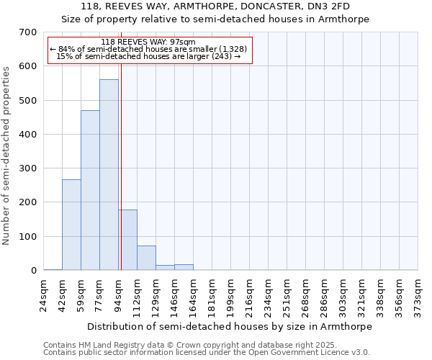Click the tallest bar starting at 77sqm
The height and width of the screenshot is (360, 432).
tap(109, 175)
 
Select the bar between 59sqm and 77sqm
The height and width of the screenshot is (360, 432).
tap(90, 191)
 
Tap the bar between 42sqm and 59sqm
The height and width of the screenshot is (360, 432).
tap(71, 225)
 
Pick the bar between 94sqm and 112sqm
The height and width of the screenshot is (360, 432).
tap(128, 240)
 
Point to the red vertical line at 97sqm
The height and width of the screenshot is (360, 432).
tap(121, 166)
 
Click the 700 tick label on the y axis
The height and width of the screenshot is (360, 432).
tap(28, 32)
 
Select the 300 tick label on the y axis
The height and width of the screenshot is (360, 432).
tap(28, 168)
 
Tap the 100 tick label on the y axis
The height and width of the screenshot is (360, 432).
tap(28, 237)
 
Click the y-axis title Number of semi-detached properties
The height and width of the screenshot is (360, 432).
tap(6, 155)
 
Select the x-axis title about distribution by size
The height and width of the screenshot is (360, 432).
tap(230, 327)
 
